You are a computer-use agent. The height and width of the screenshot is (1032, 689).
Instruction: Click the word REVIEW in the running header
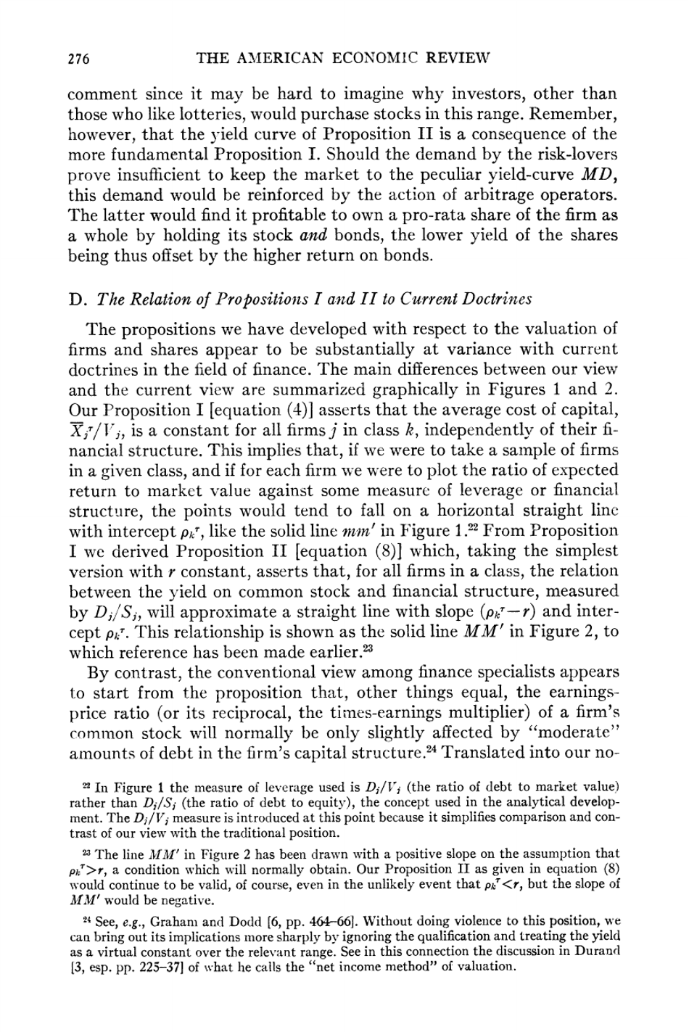[x=454, y=58]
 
